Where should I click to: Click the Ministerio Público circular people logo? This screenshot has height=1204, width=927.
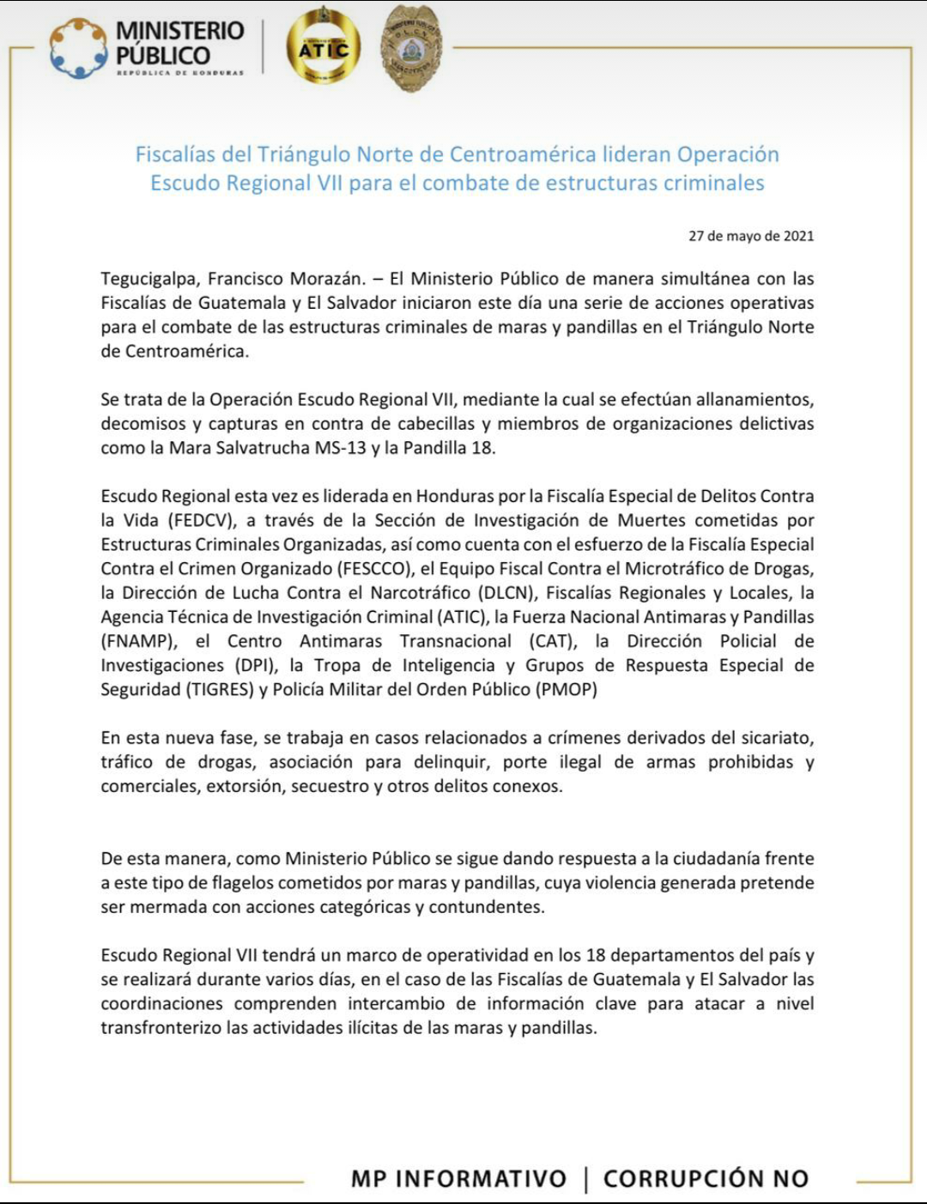(78, 49)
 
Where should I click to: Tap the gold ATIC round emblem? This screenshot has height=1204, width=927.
(324, 49)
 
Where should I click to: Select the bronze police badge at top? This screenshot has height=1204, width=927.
(411, 48)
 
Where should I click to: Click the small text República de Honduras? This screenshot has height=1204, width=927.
(180, 73)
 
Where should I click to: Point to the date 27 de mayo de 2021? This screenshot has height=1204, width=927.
(751, 236)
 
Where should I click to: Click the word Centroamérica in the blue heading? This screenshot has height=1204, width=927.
(523, 154)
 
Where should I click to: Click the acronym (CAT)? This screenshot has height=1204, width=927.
(551, 642)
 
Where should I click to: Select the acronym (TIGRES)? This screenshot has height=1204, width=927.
(221, 690)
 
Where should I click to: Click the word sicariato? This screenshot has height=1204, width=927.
(775, 738)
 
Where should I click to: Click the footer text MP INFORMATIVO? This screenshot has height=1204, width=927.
(458, 1179)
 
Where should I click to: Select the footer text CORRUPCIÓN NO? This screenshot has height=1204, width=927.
(706, 1179)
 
